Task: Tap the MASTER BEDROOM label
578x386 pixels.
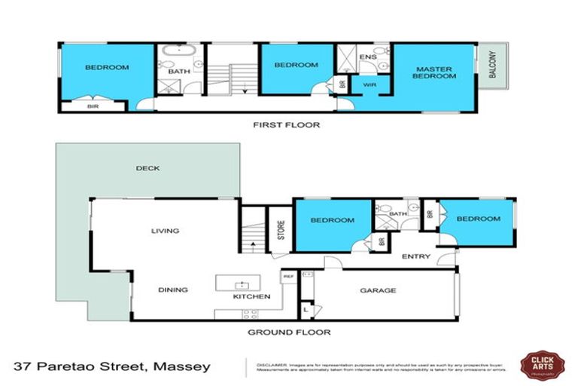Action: pos(435,73)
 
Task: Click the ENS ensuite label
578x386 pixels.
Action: pos(368,56)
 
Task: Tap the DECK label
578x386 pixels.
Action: pos(148,168)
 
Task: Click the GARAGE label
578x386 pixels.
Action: pos(378,290)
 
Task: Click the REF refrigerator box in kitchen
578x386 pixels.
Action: pos(287,277)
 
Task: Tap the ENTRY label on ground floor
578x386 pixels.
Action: pos(415,257)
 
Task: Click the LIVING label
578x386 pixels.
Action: pos(165,231)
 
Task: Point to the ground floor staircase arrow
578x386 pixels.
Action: pos(253,244)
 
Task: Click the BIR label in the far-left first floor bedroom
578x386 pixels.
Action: pos(93,106)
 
